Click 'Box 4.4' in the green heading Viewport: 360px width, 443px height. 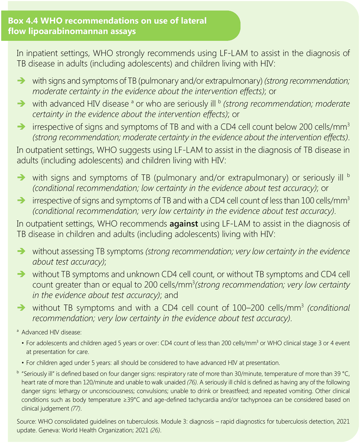tap(21, 21)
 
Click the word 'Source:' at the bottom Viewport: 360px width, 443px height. tap(26, 422)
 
